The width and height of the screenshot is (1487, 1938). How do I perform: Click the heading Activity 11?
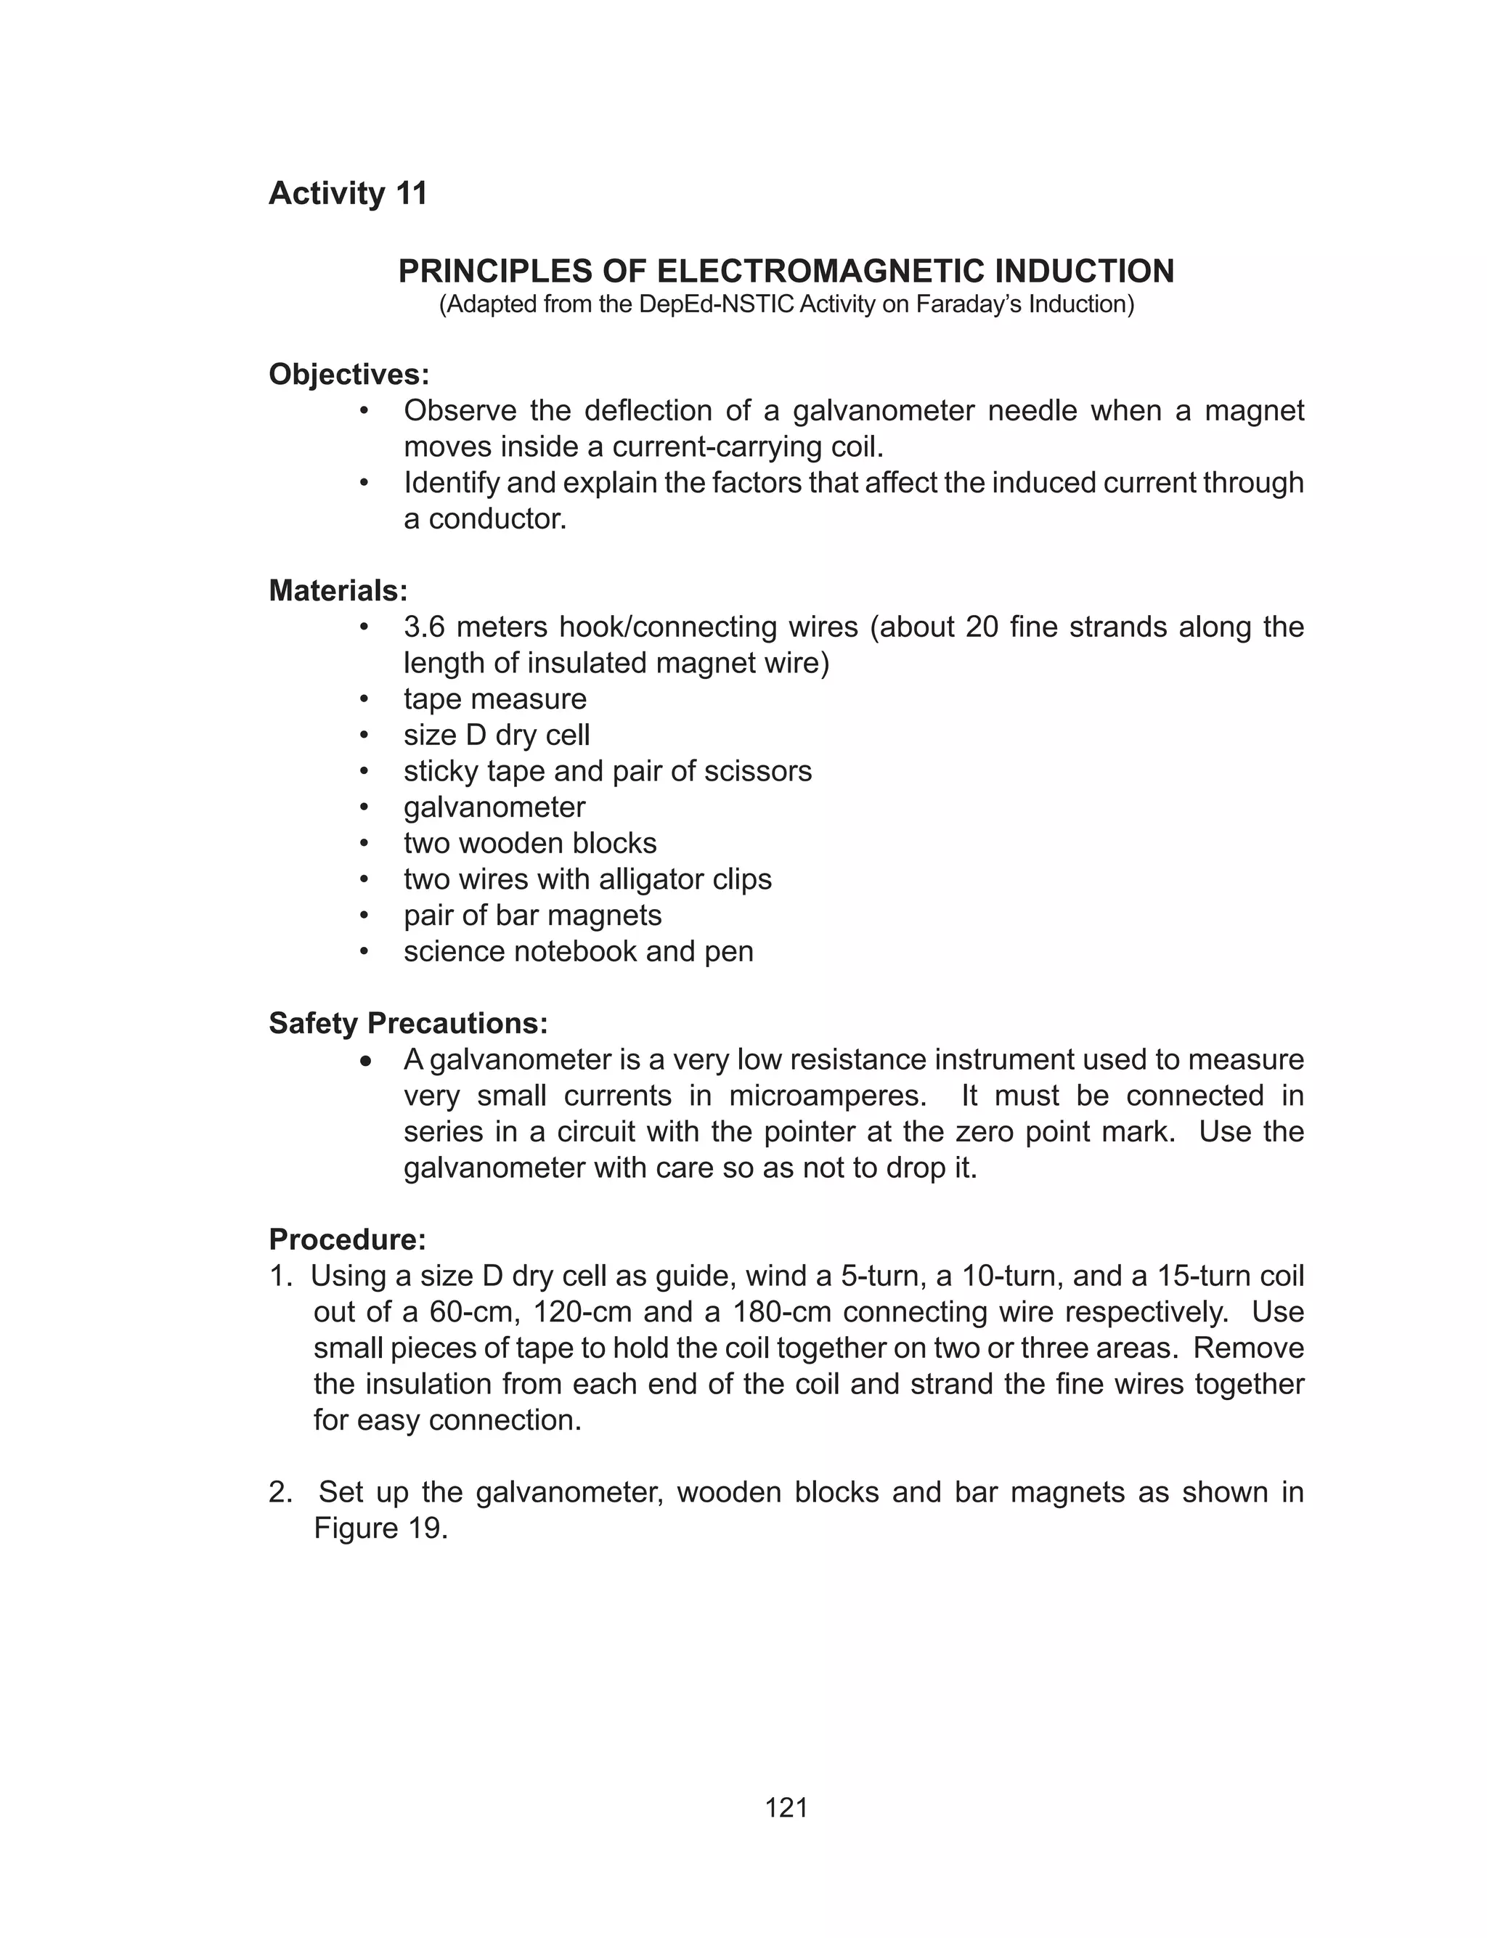[x=348, y=193]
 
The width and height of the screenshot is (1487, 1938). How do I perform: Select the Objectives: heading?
[x=349, y=375]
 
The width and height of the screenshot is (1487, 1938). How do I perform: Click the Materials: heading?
[x=338, y=590]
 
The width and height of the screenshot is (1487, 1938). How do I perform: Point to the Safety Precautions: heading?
[x=408, y=1023]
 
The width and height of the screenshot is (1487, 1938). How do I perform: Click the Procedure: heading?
[x=347, y=1239]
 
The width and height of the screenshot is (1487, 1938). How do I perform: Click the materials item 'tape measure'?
[x=494, y=699]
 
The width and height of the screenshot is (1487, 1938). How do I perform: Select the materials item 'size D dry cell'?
[x=497, y=735]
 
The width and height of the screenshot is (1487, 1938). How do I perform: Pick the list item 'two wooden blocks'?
[x=530, y=843]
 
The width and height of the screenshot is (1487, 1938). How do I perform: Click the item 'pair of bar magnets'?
[x=532, y=915]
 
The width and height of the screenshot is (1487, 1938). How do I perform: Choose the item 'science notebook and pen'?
[x=578, y=951]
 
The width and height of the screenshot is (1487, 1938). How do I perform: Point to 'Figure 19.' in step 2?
[x=380, y=1528]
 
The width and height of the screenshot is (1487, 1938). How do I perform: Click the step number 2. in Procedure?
[x=280, y=1492]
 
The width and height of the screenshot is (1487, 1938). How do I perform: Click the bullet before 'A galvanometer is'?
[x=365, y=1060]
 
